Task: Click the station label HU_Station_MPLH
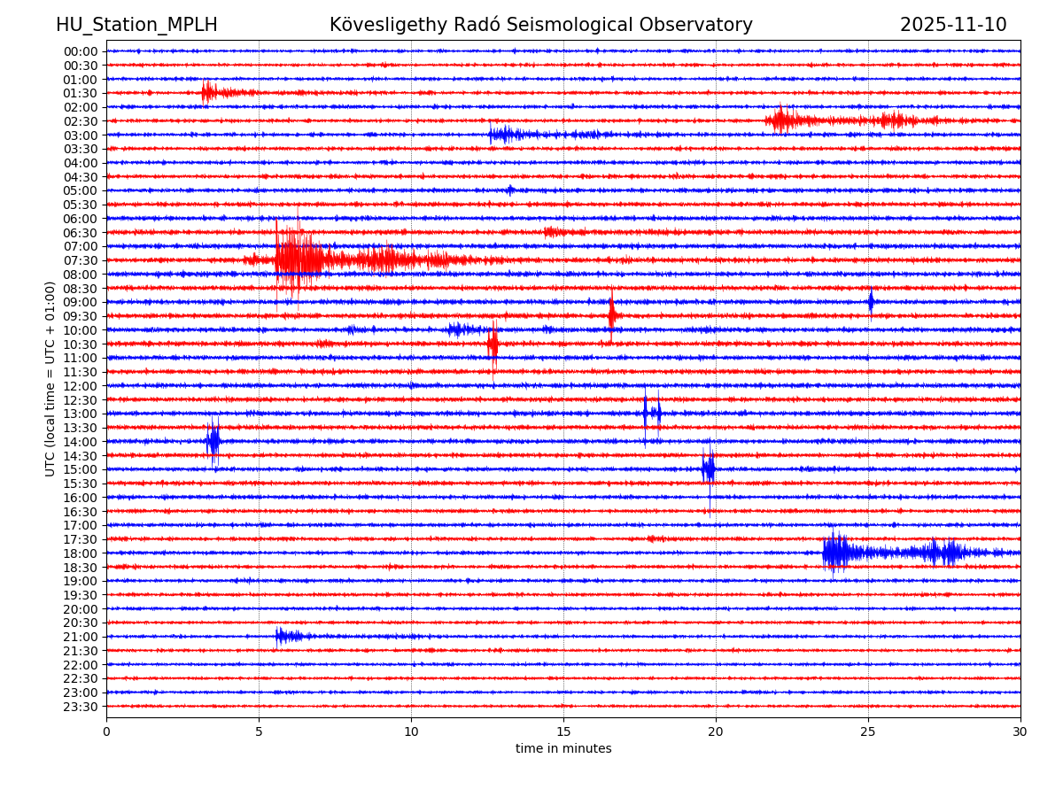[136, 25]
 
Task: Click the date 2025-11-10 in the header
[953, 25]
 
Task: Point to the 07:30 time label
[81, 260]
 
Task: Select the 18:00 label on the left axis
[81, 553]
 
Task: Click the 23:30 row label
[81, 707]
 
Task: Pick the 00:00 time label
[81, 51]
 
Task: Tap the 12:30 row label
[81, 400]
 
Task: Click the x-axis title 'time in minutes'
[563, 749]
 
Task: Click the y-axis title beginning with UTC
[50, 379]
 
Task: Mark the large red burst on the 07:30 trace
[298, 259]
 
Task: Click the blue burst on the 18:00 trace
[836, 553]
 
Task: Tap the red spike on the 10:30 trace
[493, 344]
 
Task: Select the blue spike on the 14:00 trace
[213, 441]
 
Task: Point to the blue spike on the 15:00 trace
[709, 469]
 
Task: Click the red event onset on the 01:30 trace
[206, 92]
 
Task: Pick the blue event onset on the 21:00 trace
[278, 636]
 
